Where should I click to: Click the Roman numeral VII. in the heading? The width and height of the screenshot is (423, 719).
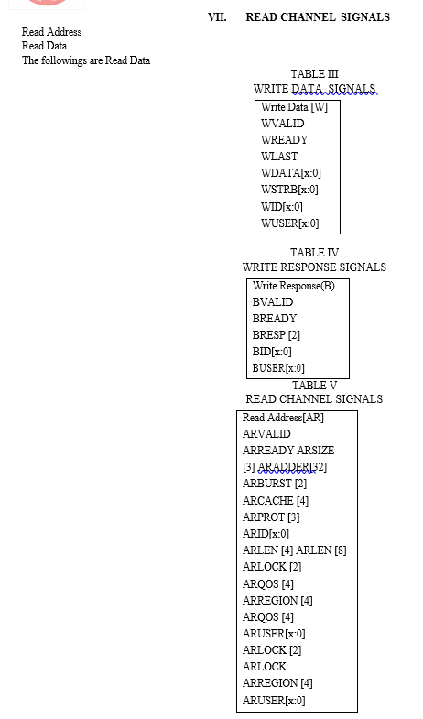[217, 17]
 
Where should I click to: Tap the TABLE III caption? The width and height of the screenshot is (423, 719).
[314, 74]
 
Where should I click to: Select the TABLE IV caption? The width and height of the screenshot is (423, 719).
[314, 253]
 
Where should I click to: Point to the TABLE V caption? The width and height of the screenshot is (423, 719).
[314, 386]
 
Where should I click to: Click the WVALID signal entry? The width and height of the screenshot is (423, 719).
[282, 124]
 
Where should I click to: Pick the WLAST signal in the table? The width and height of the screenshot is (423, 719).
[279, 157]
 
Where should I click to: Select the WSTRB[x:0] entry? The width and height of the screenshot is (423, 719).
[289, 190]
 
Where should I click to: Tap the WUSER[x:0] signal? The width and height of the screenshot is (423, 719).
[289, 223]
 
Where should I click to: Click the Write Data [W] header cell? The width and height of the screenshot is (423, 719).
[294, 107]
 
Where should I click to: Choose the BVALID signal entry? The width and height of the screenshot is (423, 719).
[273, 302]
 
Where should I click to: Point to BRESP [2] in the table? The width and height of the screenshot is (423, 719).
[277, 335]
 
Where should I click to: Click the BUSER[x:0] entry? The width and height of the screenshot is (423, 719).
[278, 368]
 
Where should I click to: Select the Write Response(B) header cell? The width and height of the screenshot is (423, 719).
[293, 286]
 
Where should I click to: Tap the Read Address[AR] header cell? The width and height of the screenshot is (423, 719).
[283, 418]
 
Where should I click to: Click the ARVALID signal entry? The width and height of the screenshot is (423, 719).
[266, 434]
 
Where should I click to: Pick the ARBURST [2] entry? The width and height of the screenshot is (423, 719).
[275, 484]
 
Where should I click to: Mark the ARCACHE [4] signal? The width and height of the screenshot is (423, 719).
[276, 501]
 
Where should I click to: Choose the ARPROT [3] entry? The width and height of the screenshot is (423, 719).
[271, 517]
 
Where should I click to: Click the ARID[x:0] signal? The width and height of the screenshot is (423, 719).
[266, 534]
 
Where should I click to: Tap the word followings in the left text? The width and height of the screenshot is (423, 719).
[64, 60]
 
